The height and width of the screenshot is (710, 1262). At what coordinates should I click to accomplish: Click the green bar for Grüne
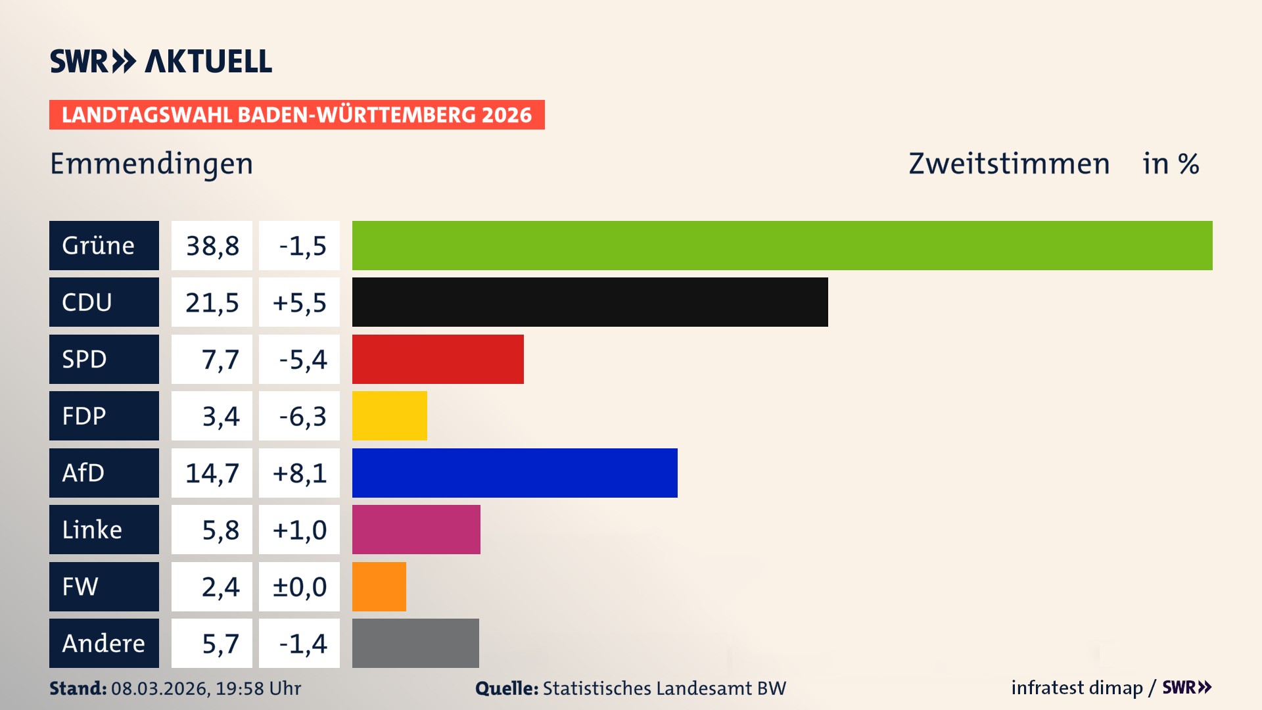(782, 245)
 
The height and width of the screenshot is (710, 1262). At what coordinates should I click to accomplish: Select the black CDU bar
(590, 302)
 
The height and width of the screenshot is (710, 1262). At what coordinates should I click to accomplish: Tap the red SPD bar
(438, 359)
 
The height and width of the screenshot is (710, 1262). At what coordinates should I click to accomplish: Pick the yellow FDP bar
(389, 415)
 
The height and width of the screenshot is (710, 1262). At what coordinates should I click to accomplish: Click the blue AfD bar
(515, 473)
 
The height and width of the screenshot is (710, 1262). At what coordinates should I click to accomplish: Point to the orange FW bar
(379, 586)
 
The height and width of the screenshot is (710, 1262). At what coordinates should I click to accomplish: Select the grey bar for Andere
(415, 643)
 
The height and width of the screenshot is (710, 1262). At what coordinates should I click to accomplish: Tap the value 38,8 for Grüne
(212, 245)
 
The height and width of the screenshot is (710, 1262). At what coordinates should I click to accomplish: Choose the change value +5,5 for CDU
(299, 302)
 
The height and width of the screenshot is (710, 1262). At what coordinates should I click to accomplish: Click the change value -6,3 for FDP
(302, 416)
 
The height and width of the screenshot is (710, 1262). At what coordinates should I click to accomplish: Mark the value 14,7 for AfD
(212, 473)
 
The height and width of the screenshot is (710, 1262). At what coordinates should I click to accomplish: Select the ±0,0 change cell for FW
(299, 586)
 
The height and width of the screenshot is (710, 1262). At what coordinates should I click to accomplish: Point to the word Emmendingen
(151, 164)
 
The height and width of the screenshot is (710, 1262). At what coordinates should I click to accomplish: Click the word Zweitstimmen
(1008, 164)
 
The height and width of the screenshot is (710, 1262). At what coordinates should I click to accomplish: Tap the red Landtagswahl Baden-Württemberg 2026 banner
(296, 114)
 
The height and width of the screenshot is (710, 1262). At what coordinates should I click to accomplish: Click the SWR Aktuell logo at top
(160, 61)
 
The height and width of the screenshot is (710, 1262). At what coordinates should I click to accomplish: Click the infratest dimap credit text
(1076, 688)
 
